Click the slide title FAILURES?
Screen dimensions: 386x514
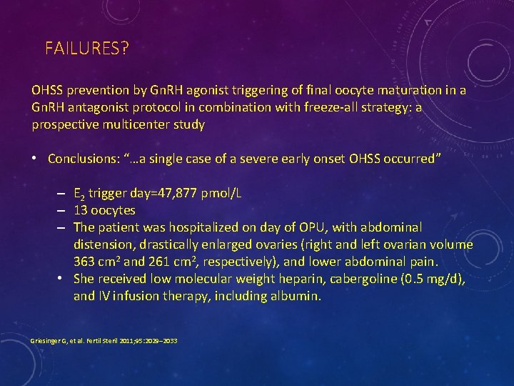click(86, 49)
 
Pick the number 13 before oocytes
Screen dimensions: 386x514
click(80, 211)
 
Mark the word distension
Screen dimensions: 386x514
click(101, 244)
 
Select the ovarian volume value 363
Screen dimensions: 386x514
click(84, 262)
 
